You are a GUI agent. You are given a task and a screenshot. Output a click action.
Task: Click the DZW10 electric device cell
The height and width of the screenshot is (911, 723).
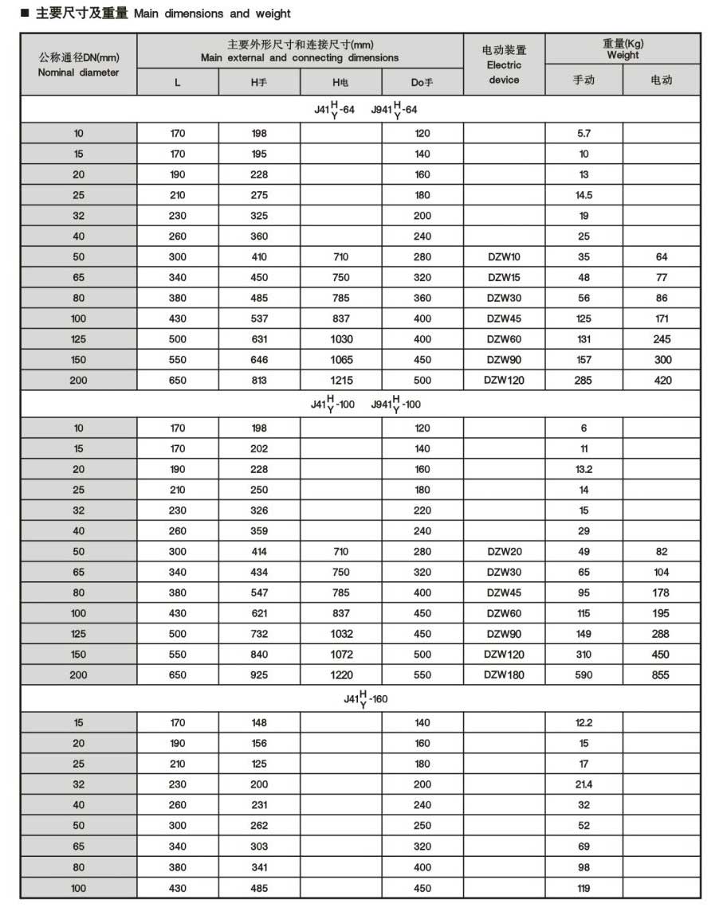(x=504, y=257)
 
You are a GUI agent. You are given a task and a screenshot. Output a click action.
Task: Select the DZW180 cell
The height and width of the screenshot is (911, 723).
(x=504, y=675)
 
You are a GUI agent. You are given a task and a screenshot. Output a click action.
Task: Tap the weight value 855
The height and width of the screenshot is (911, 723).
(x=661, y=675)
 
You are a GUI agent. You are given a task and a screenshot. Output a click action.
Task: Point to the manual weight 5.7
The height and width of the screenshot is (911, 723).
(x=584, y=134)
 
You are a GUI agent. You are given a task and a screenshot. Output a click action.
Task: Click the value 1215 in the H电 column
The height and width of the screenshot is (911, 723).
(x=340, y=381)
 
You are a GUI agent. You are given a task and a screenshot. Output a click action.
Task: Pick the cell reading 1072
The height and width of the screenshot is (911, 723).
(x=340, y=655)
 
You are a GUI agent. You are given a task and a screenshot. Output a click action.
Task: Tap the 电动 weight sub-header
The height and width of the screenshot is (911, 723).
(x=661, y=80)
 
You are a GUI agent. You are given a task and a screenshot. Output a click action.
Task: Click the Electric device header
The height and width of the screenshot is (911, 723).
(x=504, y=65)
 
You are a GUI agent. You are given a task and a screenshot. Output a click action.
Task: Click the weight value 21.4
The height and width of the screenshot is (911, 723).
(x=584, y=784)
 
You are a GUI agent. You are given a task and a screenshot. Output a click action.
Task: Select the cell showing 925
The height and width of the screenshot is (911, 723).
(x=259, y=675)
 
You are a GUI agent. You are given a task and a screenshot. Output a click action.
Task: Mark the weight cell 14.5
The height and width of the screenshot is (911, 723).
(x=584, y=195)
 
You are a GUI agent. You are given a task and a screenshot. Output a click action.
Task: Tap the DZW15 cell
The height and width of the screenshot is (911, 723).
(x=504, y=278)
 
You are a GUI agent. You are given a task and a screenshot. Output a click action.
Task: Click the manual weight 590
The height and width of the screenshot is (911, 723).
(x=584, y=675)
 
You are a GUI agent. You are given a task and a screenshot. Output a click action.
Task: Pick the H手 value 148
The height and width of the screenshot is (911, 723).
(x=259, y=723)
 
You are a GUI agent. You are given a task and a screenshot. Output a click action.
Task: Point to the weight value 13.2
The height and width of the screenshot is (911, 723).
(x=584, y=470)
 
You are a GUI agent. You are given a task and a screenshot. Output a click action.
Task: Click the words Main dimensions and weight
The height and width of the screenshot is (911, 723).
(x=212, y=14)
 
